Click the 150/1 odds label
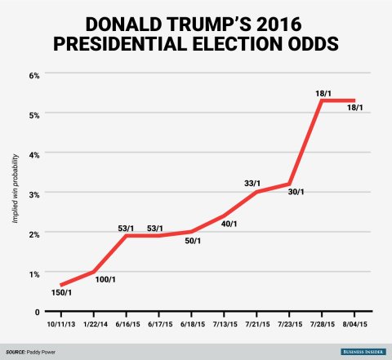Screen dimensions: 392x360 click(61, 292)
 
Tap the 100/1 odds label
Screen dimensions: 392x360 click(105, 279)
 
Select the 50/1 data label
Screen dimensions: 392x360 click(193, 241)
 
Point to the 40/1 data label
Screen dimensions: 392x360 click(229, 224)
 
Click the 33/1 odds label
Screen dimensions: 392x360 click(252, 183)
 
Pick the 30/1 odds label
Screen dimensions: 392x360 click(296, 192)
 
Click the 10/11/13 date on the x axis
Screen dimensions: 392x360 click(61, 324)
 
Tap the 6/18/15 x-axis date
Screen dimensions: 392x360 click(193, 324)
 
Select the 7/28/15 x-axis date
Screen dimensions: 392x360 click(323, 324)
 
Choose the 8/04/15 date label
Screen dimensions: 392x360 click(355, 324)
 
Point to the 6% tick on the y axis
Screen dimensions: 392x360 click(34, 75)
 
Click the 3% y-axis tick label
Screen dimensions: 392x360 click(34, 194)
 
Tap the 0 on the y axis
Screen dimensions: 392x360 click(38, 312)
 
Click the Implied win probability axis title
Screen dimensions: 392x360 click(16, 189)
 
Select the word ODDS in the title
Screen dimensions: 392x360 click(314, 44)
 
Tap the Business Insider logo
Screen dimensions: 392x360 click(363, 352)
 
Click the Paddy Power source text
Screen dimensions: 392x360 click(41, 352)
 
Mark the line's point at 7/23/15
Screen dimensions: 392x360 click(289, 184)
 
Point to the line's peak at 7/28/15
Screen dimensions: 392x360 click(322, 100)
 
